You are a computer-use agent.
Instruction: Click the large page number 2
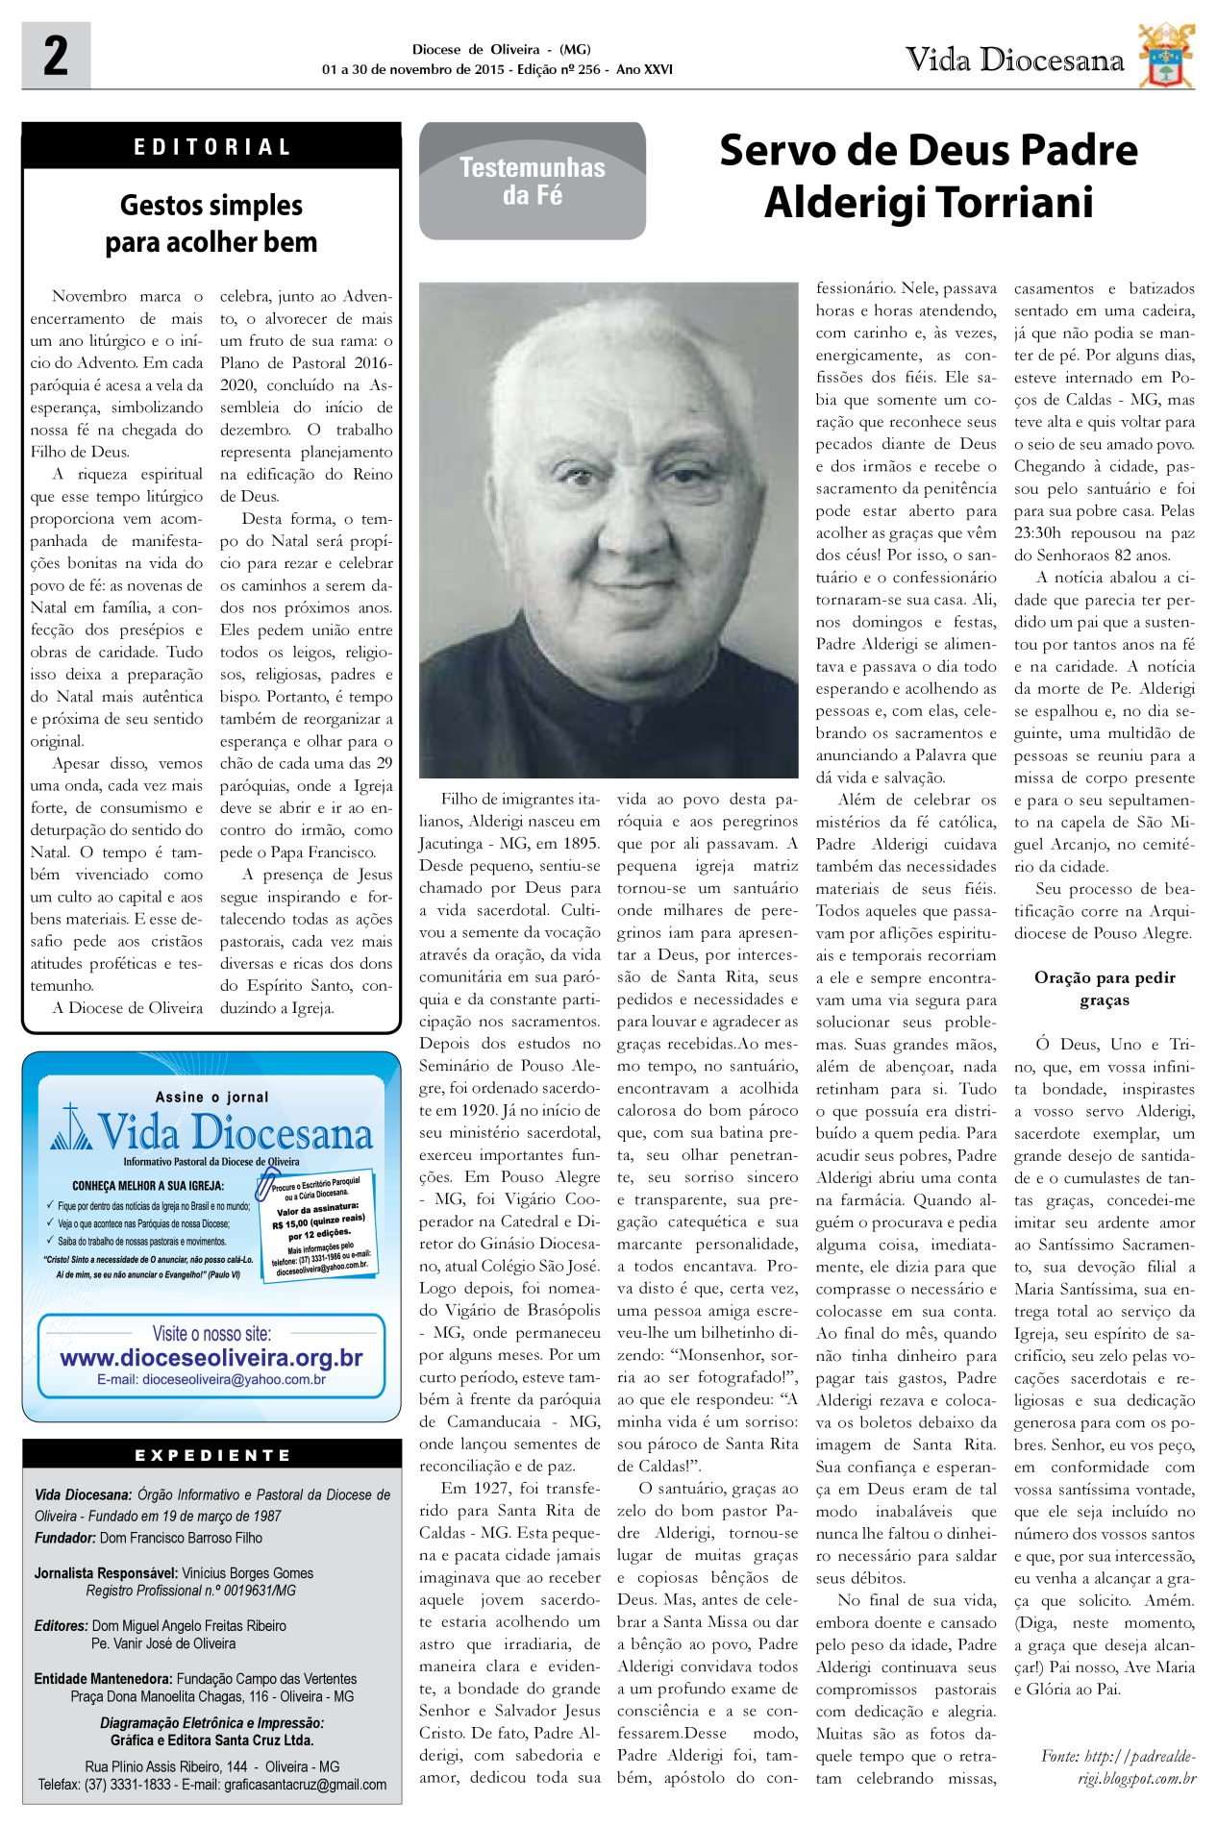pyautogui.click(x=56, y=56)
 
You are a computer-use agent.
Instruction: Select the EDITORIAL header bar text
pyautogui.click(x=211, y=147)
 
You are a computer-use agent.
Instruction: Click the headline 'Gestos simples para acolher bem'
pyautogui.click(x=211, y=223)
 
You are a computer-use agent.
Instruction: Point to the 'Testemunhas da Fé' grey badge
pyautogui.click(x=532, y=181)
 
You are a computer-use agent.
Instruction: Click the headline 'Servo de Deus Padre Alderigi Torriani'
pyautogui.click(x=929, y=176)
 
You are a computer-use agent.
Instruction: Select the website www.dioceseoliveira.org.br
pyautogui.click(x=211, y=1357)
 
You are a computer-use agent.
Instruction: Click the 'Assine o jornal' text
pyautogui.click(x=211, y=1097)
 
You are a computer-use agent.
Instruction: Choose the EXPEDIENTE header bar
pyautogui.click(x=211, y=1455)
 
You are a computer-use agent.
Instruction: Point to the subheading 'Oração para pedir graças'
pyautogui.click(x=1105, y=988)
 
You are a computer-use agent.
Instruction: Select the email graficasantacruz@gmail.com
pyautogui.click(x=305, y=1785)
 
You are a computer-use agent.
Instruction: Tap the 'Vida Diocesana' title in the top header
pyautogui.click(x=1014, y=61)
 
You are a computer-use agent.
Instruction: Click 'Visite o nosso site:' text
pyautogui.click(x=211, y=1333)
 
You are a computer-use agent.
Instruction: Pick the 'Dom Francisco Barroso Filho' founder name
pyautogui.click(x=181, y=1538)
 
